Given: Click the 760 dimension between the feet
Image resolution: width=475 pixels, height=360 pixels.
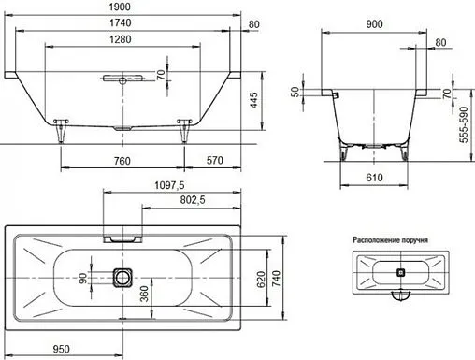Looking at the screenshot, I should [121, 161].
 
